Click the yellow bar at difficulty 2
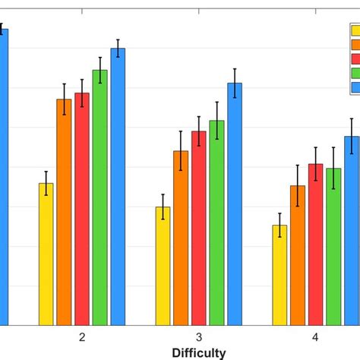point(46,254)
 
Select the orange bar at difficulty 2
point(64,212)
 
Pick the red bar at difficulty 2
point(82,209)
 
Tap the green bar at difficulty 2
point(99,197)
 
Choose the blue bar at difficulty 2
point(118,186)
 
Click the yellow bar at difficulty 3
point(163,266)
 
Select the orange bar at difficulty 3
point(181,238)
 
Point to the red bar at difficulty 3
point(199,228)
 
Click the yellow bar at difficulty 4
point(279,275)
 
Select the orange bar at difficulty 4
point(298,255)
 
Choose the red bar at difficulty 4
point(315,245)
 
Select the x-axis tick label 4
point(315,337)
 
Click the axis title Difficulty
point(198,352)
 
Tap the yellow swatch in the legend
point(354,30)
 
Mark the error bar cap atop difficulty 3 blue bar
point(235,69)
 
